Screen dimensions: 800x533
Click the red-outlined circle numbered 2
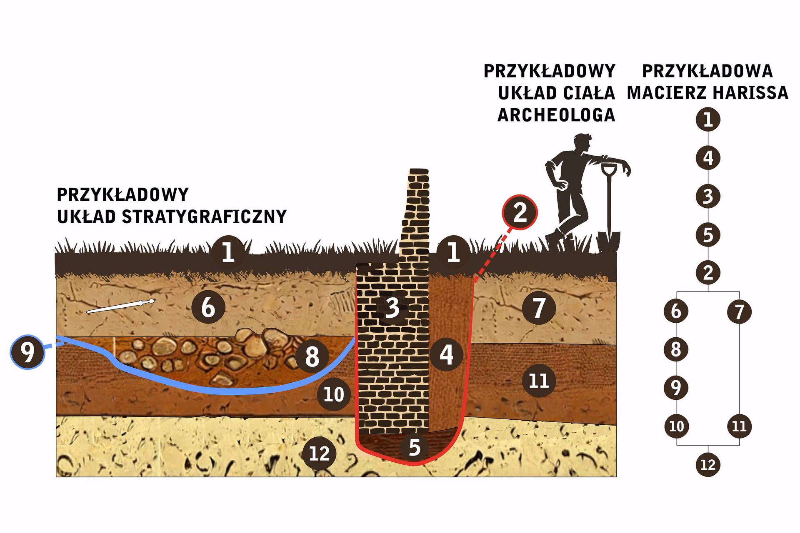point(520,212)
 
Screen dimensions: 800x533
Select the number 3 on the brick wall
point(392,308)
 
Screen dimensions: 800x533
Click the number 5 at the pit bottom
point(415,447)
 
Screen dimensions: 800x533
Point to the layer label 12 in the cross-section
point(320,453)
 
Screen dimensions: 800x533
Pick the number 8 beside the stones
point(312,356)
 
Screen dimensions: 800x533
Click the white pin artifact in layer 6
point(120,306)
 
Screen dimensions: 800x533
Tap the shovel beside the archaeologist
point(608,208)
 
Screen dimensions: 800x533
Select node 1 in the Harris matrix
point(708,120)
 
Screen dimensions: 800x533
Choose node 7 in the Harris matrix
point(739,311)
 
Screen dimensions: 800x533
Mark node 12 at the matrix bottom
point(708,465)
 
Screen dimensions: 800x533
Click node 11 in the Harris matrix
point(739,426)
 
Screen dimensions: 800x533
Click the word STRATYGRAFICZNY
point(205,217)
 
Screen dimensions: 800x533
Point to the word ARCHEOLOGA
point(556,115)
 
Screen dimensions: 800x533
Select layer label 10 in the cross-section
point(334,394)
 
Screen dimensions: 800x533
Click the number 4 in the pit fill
point(446,355)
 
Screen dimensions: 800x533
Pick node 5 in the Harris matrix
point(708,234)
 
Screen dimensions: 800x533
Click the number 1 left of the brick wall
point(228,252)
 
